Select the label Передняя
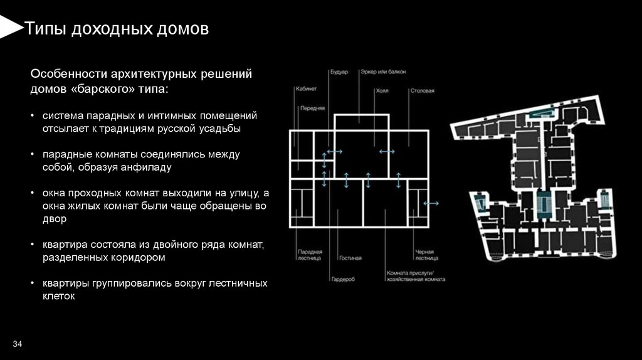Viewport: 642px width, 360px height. tap(312, 108)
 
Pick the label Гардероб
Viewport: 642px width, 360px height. tap(343, 278)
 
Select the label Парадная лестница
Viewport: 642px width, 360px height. tap(310, 255)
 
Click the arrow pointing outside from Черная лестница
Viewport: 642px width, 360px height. tap(431, 203)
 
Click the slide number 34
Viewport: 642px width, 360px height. tap(17, 345)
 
